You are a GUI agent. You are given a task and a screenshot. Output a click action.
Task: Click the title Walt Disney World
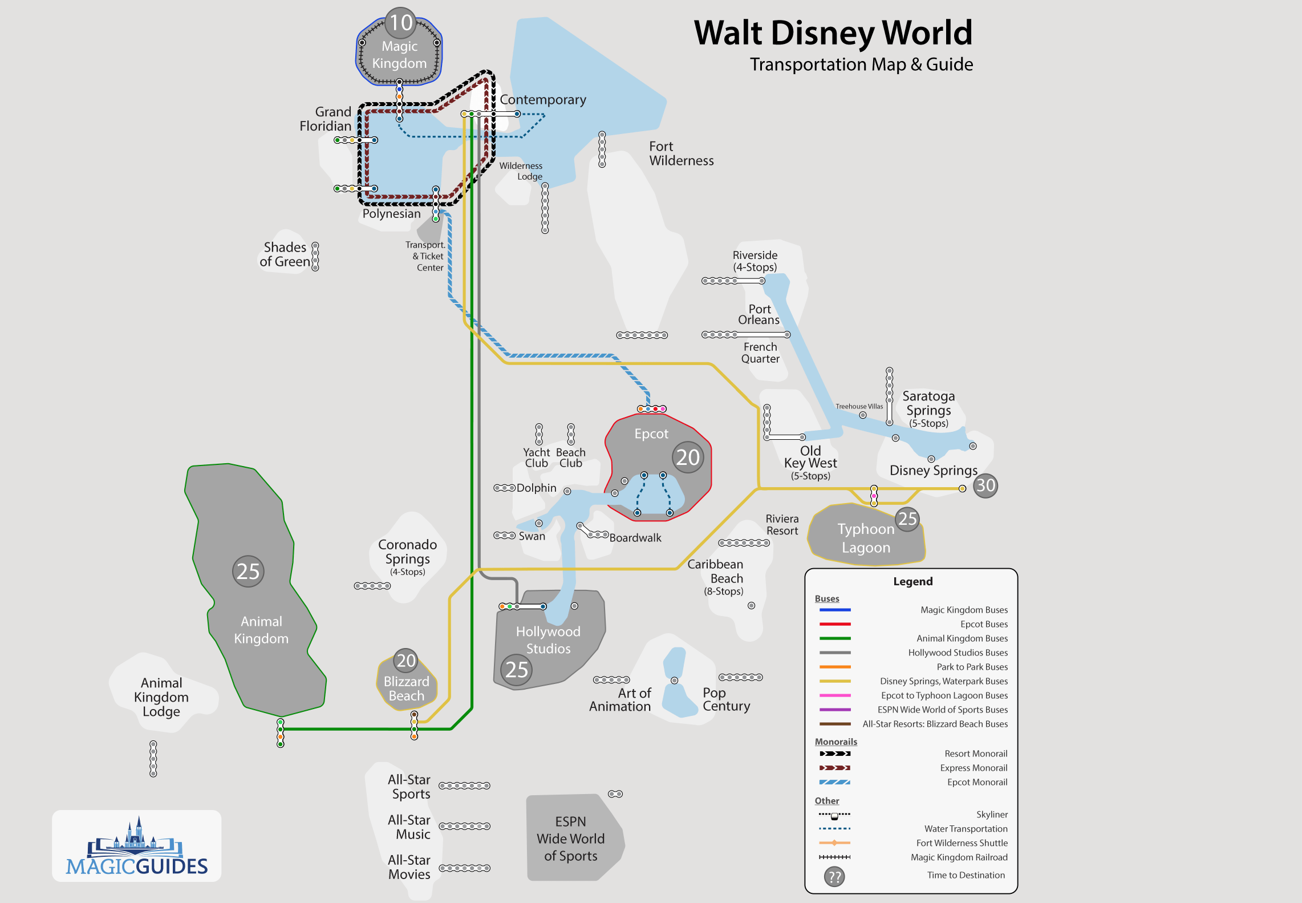point(833,33)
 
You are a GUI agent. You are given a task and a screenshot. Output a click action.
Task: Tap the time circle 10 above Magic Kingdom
point(401,23)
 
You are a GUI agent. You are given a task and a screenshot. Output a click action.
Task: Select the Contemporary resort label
point(542,100)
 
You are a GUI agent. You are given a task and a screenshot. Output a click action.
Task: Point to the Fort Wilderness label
point(681,153)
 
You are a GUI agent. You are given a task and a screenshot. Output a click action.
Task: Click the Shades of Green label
point(285,254)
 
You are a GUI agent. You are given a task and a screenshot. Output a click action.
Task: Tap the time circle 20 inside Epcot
point(688,457)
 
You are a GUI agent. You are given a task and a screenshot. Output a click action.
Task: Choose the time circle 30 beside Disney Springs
point(985,485)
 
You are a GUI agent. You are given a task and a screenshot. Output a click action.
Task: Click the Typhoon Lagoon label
point(865,538)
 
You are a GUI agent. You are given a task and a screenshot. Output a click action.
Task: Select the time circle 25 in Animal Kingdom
point(248,571)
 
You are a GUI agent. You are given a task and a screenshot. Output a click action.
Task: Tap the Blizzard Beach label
point(406,689)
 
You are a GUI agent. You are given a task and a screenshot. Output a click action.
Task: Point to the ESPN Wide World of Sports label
point(570,839)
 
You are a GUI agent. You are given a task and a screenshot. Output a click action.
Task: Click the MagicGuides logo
point(137,847)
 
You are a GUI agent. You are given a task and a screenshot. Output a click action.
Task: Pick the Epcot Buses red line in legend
point(835,624)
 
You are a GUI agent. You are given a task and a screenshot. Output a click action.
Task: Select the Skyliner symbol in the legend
point(834,815)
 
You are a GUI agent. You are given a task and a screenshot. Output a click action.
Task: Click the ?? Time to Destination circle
point(834,876)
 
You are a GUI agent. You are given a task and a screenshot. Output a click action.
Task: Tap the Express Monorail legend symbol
point(834,768)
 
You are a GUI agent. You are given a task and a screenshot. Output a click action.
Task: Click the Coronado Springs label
point(407,552)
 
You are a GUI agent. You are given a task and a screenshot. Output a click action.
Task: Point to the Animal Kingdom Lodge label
point(161,697)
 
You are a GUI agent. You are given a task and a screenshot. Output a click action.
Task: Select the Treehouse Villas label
point(859,407)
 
